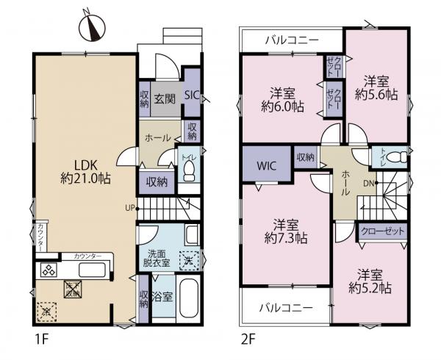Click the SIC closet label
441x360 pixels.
coord(191,94)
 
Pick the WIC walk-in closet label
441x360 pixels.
coord(265,165)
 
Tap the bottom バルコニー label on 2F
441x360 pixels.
coord(287,307)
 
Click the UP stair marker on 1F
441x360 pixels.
coord(129,208)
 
